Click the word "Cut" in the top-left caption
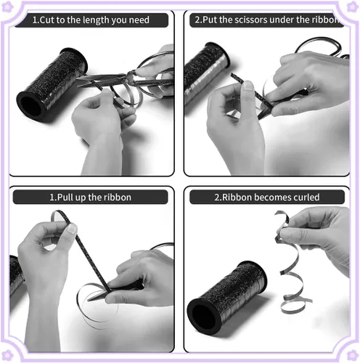pos(46,20)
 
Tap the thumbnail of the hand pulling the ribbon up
pos(73,229)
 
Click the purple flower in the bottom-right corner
pos(353,355)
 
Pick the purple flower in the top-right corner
pos(353,7)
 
